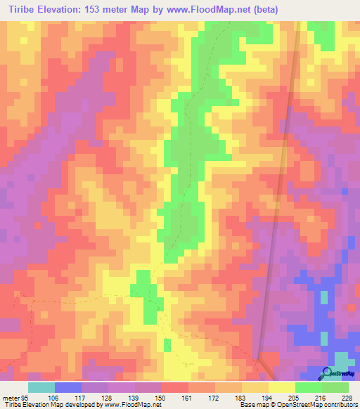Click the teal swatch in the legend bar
click(x=41, y=387)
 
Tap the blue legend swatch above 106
click(x=68, y=387)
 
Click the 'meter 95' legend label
click(x=15, y=397)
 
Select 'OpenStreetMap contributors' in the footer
click(x=320, y=405)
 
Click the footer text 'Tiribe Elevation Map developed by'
click(x=48, y=405)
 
